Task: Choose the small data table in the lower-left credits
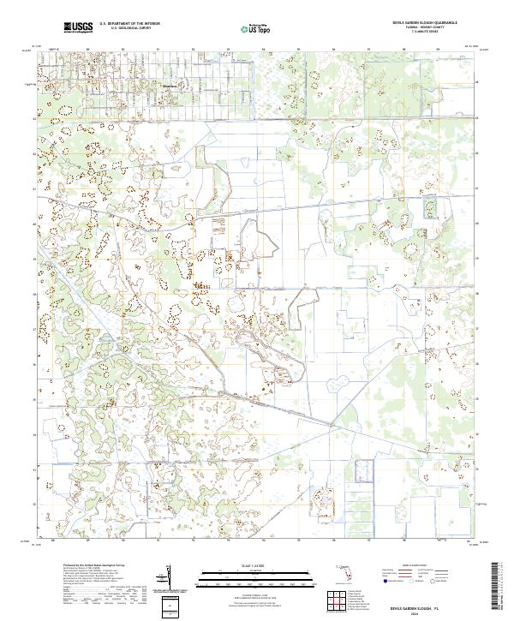coord(94,592)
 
